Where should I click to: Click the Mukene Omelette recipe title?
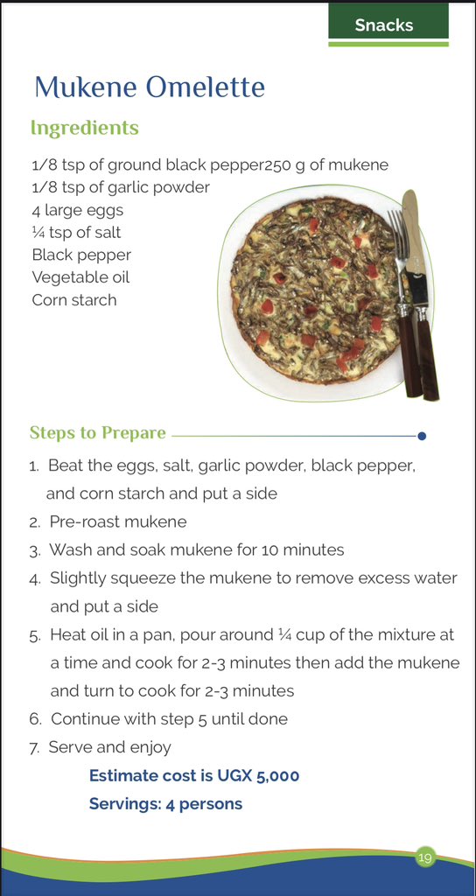[x=149, y=87]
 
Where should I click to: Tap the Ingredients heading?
[x=84, y=128]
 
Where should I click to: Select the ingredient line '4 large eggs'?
[x=78, y=210]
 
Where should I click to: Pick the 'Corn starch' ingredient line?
[x=74, y=300]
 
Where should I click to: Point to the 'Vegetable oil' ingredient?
[x=80, y=277]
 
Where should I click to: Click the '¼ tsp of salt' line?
[x=76, y=233]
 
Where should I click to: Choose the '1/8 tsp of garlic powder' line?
[x=121, y=187]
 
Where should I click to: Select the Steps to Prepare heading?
[x=97, y=433]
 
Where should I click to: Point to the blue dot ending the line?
[x=422, y=435]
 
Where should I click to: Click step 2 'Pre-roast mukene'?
[x=118, y=522]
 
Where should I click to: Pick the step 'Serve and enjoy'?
[x=110, y=747]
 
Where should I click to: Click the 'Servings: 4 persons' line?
[x=165, y=803]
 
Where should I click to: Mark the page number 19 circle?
[x=424, y=857]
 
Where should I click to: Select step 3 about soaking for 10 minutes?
[x=197, y=550]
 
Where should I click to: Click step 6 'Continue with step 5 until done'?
[x=169, y=719]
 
